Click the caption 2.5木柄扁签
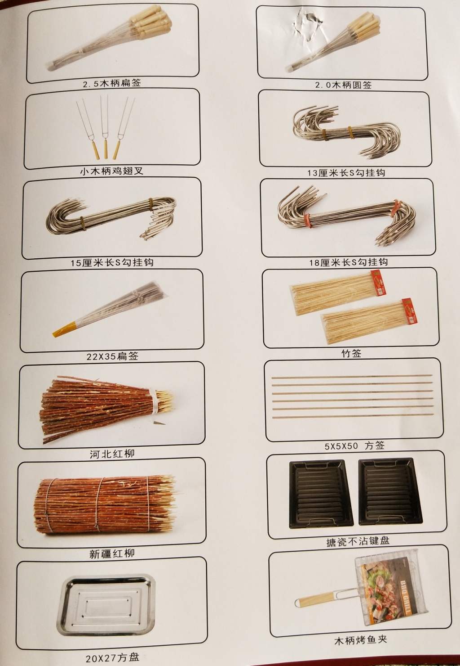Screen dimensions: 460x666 [112, 83]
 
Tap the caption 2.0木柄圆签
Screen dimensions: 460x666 [343, 85]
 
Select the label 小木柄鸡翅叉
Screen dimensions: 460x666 [111, 171]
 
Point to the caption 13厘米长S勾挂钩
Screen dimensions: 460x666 [346, 172]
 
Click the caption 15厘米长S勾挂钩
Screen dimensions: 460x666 [112, 262]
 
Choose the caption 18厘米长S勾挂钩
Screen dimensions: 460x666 [349, 262]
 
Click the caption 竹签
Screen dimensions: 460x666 [351, 353]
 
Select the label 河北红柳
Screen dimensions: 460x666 [112, 454]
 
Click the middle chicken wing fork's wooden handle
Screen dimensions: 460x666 [106, 148]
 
